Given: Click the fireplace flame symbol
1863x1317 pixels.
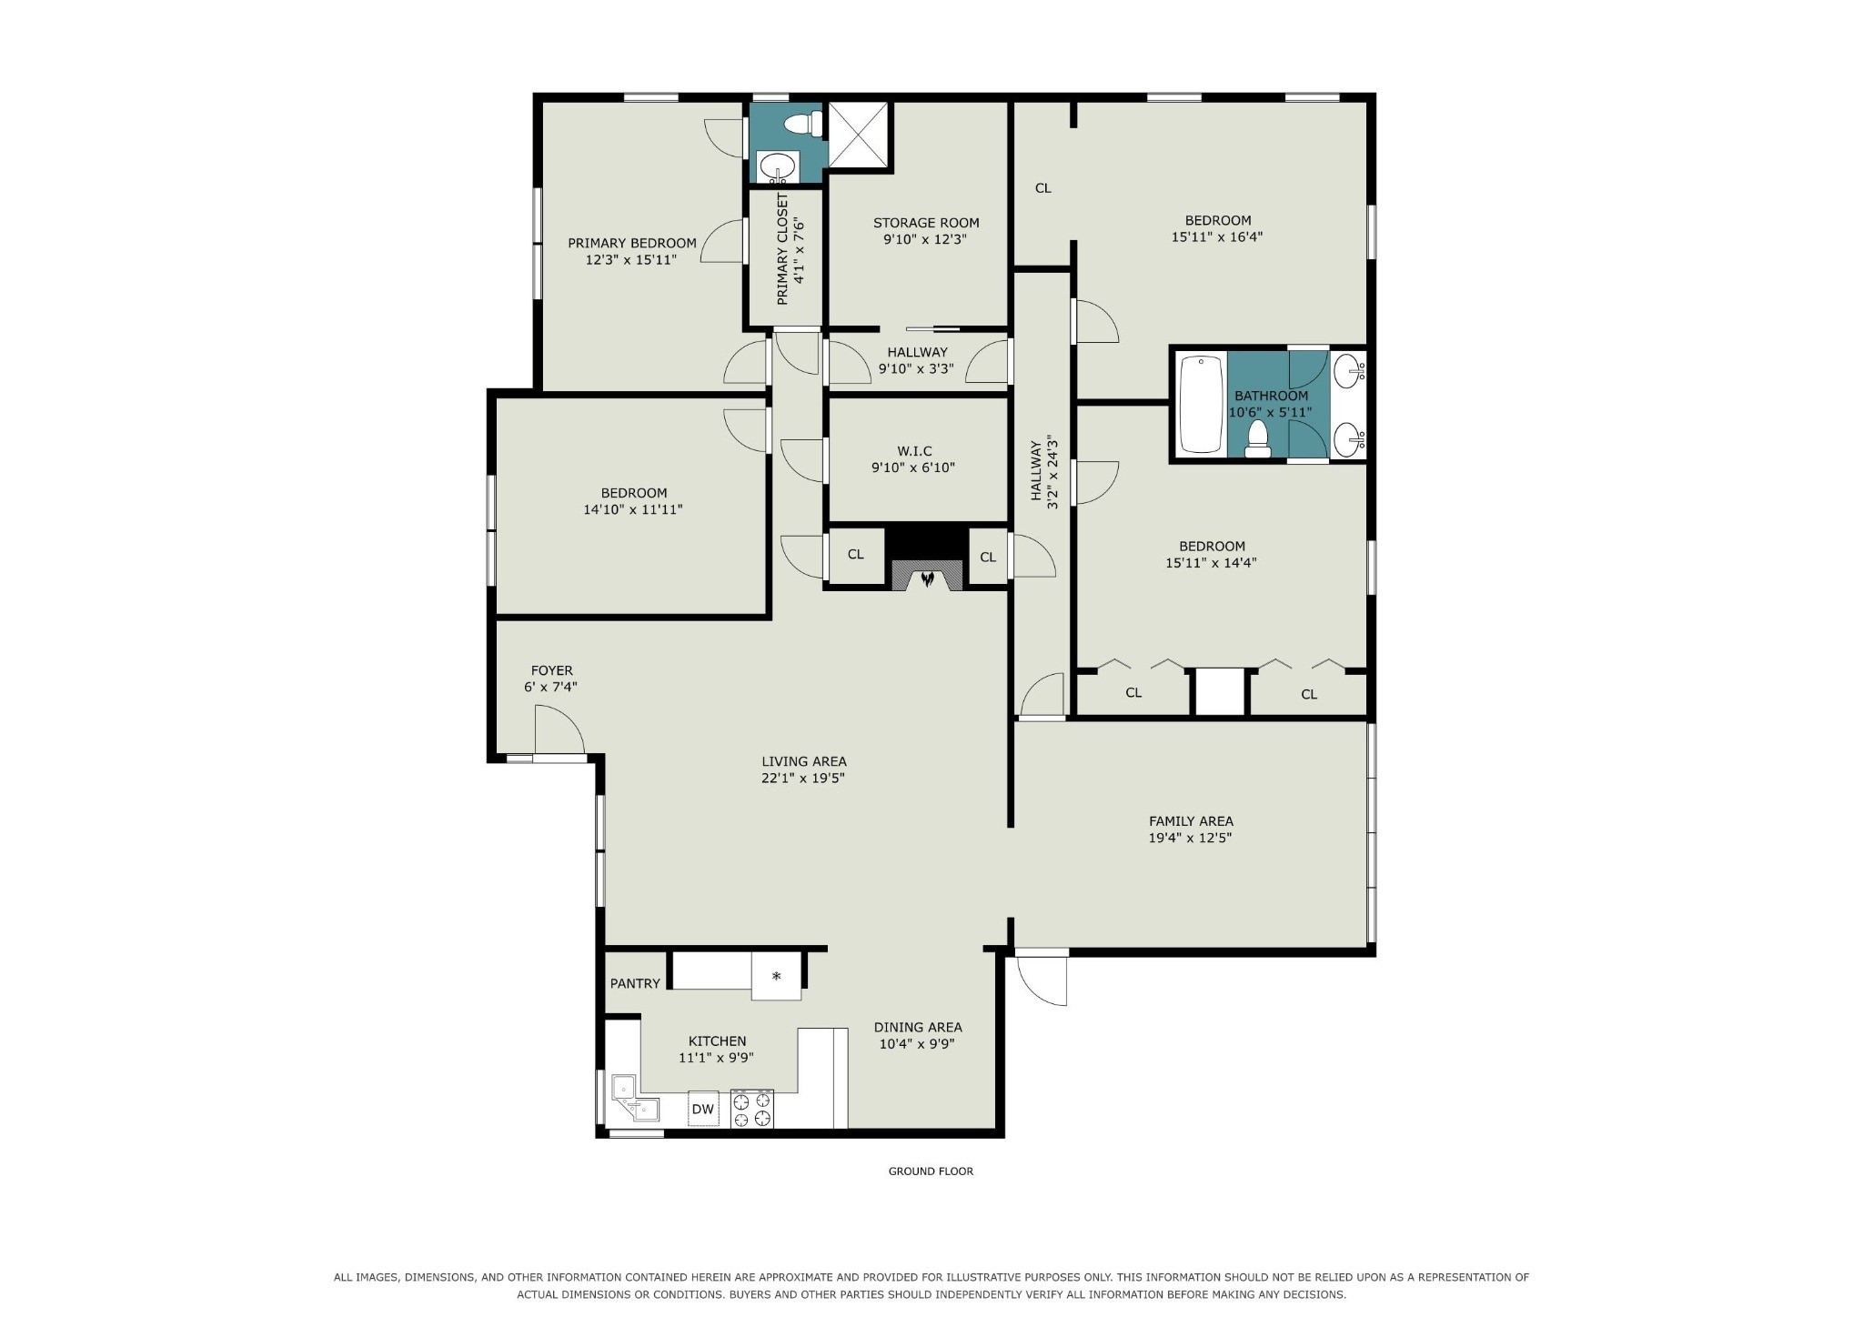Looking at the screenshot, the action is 927,578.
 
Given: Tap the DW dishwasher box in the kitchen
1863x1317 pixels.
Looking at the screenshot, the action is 702,1109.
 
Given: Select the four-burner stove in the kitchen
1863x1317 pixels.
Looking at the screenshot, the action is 752,1109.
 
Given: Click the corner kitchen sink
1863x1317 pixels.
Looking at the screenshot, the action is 634,1098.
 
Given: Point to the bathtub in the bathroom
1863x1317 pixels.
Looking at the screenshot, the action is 1202,405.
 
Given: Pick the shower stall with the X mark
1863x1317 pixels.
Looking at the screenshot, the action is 859,135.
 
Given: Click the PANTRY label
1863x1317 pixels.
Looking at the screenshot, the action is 635,983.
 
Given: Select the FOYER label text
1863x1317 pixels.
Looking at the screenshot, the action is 552,670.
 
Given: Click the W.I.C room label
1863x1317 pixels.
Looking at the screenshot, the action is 914,451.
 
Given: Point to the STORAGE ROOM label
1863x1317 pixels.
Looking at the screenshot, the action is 926,223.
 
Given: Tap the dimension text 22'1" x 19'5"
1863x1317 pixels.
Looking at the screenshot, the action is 803,778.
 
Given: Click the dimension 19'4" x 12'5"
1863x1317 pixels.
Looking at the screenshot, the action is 1190,838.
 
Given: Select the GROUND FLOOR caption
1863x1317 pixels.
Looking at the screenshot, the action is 931,1171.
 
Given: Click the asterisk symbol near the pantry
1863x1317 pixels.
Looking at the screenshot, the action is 776,977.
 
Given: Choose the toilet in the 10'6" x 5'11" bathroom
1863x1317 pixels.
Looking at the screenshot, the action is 1258,438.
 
